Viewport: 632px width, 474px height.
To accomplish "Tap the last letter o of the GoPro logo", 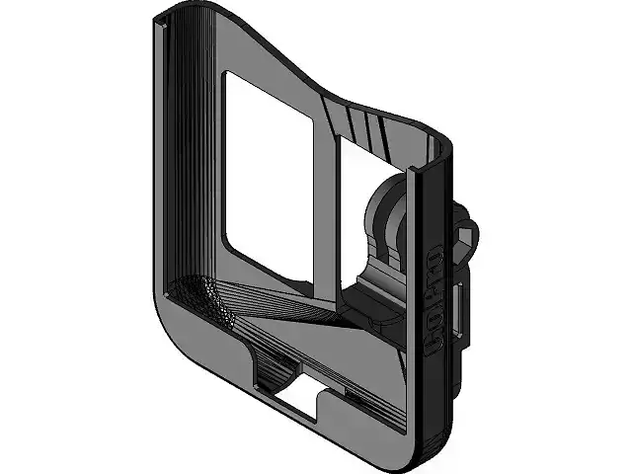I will point(435,260).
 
